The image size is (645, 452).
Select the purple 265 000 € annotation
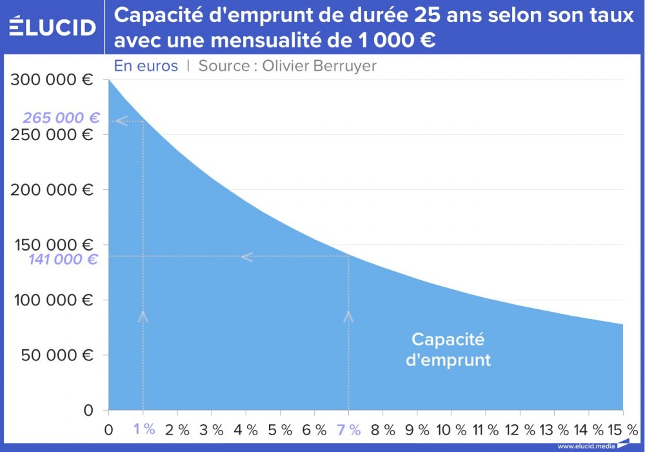(x=61, y=118)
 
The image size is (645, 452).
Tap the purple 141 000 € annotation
(x=63, y=260)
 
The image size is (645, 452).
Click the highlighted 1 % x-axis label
(x=144, y=428)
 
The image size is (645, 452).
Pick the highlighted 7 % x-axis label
(x=349, y=429)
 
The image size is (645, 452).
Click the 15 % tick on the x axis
(x=622, y=429)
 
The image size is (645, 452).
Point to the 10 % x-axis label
(x=451, y=429)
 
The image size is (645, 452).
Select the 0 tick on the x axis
(x=108, y=428)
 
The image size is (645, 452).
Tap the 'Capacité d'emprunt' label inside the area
(x=448, y=349)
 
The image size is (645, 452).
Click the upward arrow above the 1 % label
(x=143, y=316)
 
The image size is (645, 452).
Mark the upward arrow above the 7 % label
(x=349, y=316)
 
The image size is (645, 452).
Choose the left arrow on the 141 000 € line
(x=247, y=257)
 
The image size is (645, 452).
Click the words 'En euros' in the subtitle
(x=146, y=66)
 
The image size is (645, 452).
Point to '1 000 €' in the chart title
(x=395, y=41)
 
